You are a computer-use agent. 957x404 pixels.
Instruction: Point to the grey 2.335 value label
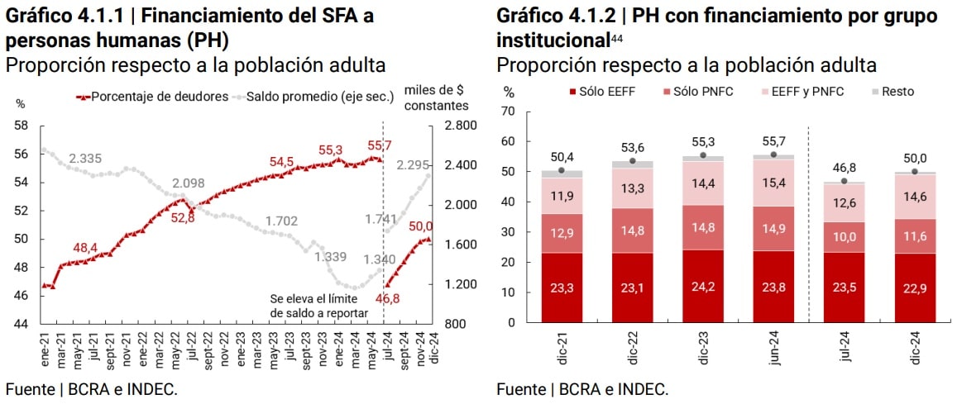[85, 159]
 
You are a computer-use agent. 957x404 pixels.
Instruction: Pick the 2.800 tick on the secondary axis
[457, 126]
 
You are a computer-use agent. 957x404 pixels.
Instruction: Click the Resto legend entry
[897, 91]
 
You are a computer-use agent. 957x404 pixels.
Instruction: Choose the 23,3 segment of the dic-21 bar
[562, 288]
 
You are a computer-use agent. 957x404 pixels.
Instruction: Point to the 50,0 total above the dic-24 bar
[914, 158]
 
